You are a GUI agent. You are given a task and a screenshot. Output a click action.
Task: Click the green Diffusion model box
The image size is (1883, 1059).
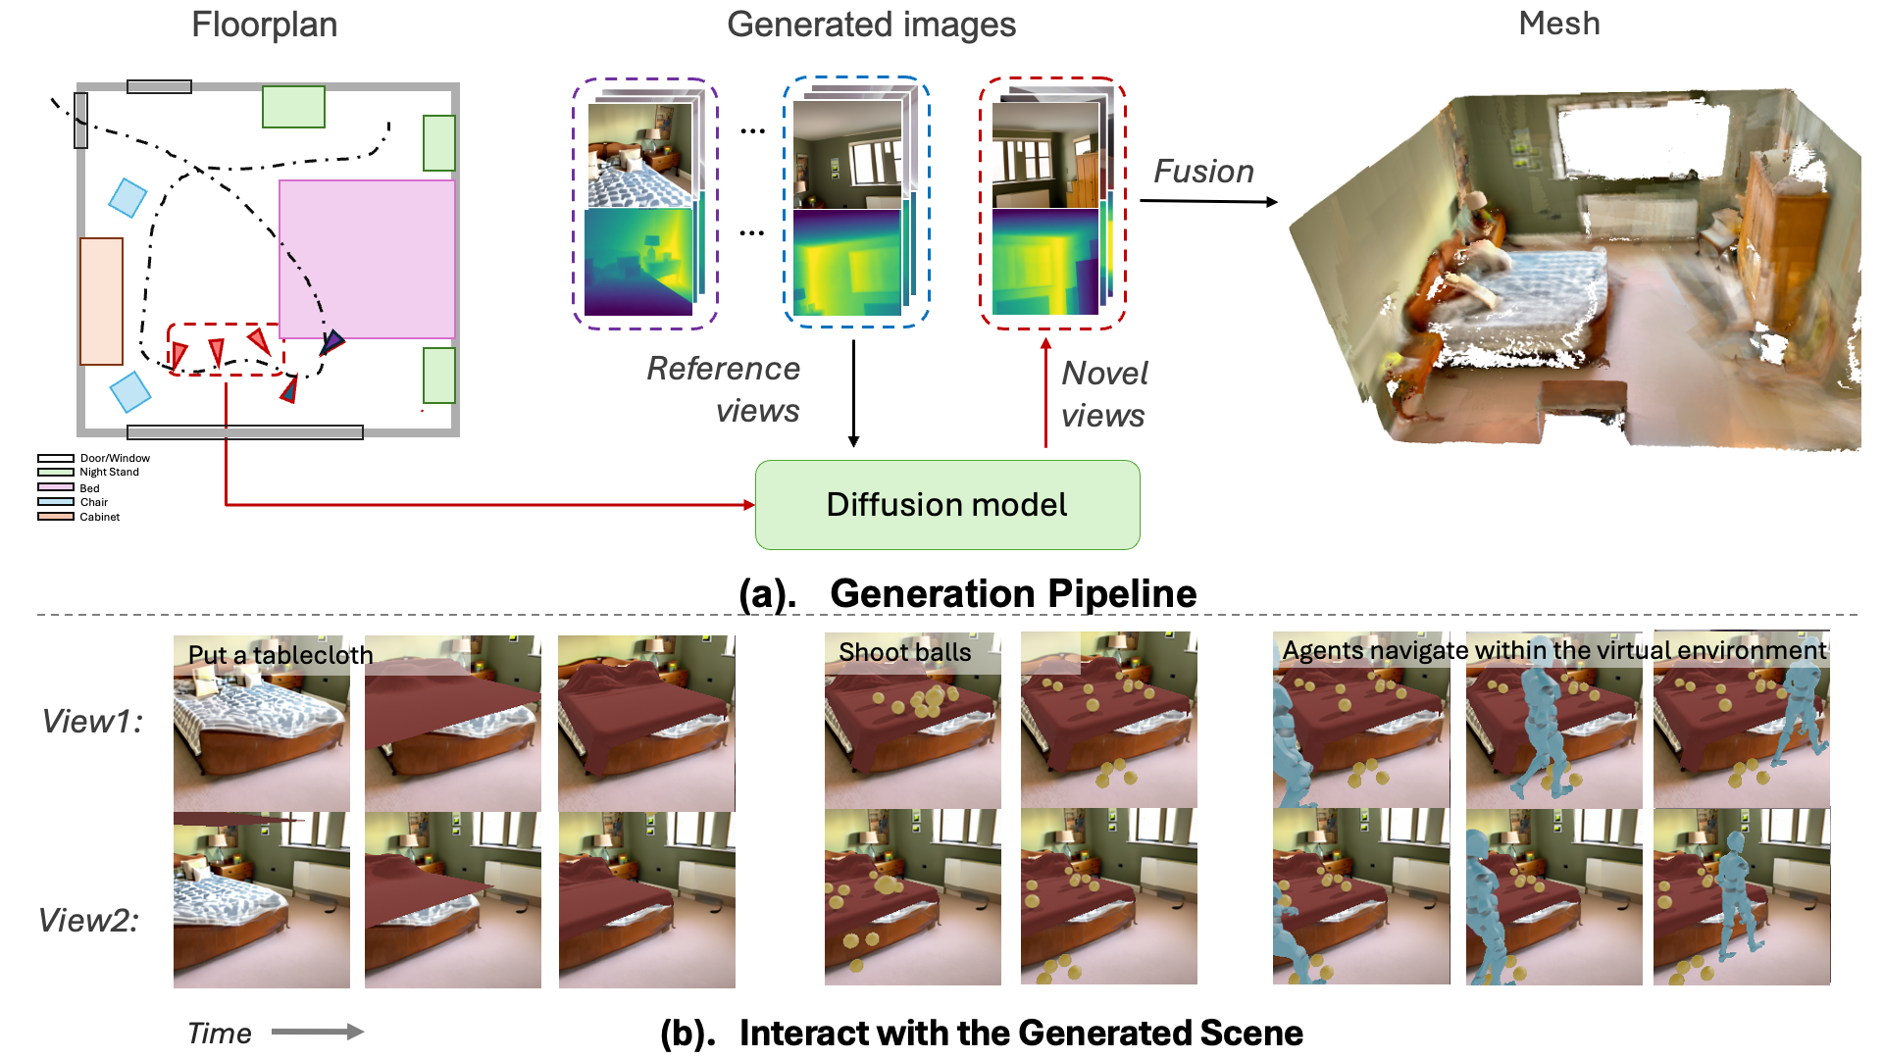pyautogui.click(x=946, y=505)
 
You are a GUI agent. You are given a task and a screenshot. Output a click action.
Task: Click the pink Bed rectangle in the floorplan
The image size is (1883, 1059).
pyautogui.click(x=367, y=259)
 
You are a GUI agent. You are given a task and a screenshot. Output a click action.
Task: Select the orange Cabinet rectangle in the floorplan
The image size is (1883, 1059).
pyautogui.click(x=101, y=301)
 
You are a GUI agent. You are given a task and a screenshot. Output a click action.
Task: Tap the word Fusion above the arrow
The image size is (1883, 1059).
pyautogui.click(x=1203, y=172)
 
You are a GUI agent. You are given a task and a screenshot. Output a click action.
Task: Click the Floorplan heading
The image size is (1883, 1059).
pyautogui.click(x=264, y=25)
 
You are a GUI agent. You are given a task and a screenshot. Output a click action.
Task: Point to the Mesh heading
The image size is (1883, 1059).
pyautogui.click(x=1558, y=24)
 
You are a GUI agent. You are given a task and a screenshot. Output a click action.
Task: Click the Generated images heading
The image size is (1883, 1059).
pyautogui.click(x=871, y=25)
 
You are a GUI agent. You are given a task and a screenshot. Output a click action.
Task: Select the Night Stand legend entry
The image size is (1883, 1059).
pyautogui.click(x=109, y=473)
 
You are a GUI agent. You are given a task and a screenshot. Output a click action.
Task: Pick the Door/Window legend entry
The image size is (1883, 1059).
pyautogui.click(x=114, y=458)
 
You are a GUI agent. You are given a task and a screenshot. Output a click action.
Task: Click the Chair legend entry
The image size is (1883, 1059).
pyautogui.click(x=93, y=502)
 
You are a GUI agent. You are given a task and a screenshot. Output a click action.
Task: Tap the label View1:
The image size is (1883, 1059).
pyautogui.click(x=92, y=722)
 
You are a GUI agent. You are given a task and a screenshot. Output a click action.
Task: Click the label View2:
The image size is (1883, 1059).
pyautogui.click(x=88, y=921)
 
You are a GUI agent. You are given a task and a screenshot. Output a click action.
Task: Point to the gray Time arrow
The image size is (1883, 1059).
pyautogui.click(x=317, y=1032)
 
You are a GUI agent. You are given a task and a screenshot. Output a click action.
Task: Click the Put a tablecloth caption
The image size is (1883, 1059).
pyautogui.click(x=280, y=655)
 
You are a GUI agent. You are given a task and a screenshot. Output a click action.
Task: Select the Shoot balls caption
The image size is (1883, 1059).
pyautogui.click(x=904, y=652)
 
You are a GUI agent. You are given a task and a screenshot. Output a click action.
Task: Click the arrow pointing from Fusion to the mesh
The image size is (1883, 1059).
pyautogui.click(x=1208, y=202)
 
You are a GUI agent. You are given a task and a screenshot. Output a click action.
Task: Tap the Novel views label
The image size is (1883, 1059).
pyautogui.click(x=1103, y=394)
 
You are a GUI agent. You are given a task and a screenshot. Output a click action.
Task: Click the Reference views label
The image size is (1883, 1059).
pyautogui.click(x=724, y=389)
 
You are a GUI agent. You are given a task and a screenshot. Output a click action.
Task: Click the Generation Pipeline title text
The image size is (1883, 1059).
pyautogui.click(x=1012, y=594)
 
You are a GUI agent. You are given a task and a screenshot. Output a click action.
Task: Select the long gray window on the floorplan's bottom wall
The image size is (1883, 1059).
pyautogui.click(x=245, y=432)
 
